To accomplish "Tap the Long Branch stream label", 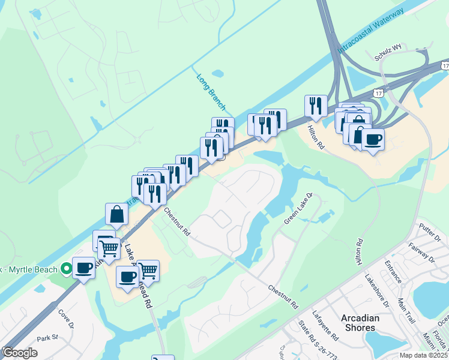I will coord(211,92).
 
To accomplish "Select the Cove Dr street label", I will coord(65,318).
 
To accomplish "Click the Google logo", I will coord(19,352).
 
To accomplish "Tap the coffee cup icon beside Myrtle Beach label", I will coord(84,267).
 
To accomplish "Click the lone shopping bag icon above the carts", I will coord(116,213).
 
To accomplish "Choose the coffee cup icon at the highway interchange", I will coord(373,139).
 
